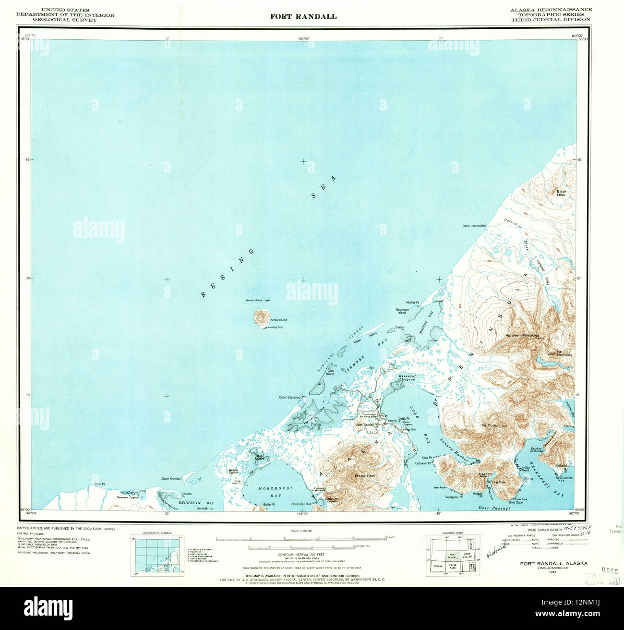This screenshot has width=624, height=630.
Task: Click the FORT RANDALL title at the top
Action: click(x=303, y=16)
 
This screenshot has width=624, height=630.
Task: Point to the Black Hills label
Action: click(x=561, y=193)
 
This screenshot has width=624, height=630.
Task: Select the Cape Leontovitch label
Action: click(x=474, y=226)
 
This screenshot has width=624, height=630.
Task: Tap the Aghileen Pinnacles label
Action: click(x=522, y=335)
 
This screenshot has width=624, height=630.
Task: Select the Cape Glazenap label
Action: click(x=289, y=398)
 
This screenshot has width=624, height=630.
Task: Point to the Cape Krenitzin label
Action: click(x=172, y=479)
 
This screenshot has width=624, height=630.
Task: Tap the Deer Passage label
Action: click(x=494, y=508)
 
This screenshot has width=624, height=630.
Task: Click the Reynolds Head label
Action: click(x=301, y=504)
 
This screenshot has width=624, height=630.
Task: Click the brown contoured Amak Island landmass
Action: click(x=262, y=317)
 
